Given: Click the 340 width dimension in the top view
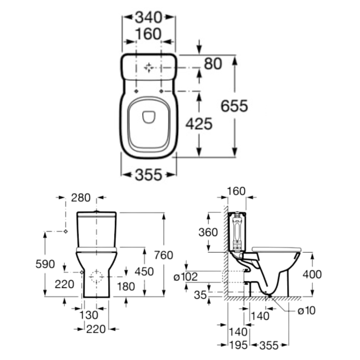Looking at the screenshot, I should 149,16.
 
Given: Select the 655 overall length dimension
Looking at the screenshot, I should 234,106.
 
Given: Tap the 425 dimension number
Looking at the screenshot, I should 199,124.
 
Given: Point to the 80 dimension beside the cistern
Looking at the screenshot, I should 213,63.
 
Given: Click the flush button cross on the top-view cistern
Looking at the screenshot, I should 149,67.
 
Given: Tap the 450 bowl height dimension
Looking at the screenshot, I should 144,272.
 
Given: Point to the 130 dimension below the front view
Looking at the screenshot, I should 88,315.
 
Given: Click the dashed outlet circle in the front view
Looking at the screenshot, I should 96,276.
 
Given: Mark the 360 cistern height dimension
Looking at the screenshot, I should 208,232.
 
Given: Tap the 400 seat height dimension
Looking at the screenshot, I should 312,274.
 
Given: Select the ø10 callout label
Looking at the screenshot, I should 307,311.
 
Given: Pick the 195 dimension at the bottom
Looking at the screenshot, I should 238,345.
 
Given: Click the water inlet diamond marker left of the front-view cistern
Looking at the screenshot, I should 66,231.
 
